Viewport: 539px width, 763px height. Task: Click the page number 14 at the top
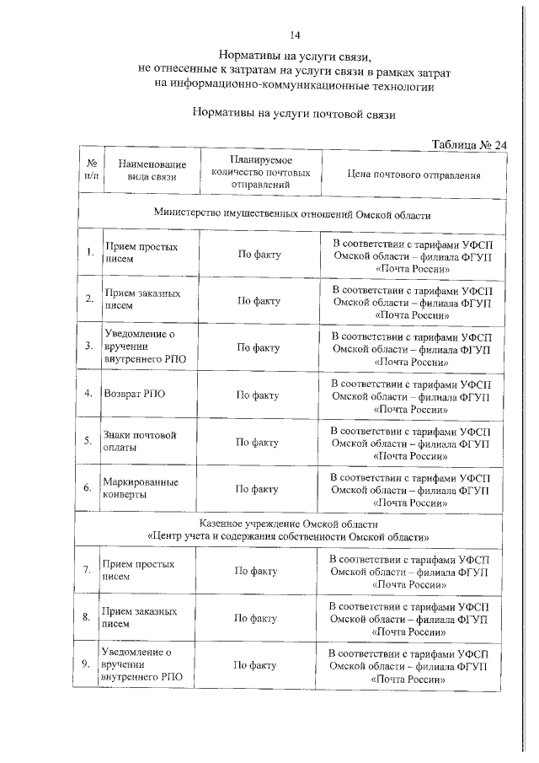(x=295, y=35)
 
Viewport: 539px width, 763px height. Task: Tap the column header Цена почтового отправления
(x=414, y=176)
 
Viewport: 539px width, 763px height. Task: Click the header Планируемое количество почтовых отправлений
(x=259, y=170)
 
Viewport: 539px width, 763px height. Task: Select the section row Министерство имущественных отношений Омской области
(x=291, y=214)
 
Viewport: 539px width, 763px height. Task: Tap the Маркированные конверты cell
(x=140, y=488)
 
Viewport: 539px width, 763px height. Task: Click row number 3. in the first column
(x=88, y=346)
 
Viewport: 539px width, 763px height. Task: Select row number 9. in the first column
(x=86, y=665)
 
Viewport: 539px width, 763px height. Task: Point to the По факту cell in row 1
(x=259, y=254)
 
